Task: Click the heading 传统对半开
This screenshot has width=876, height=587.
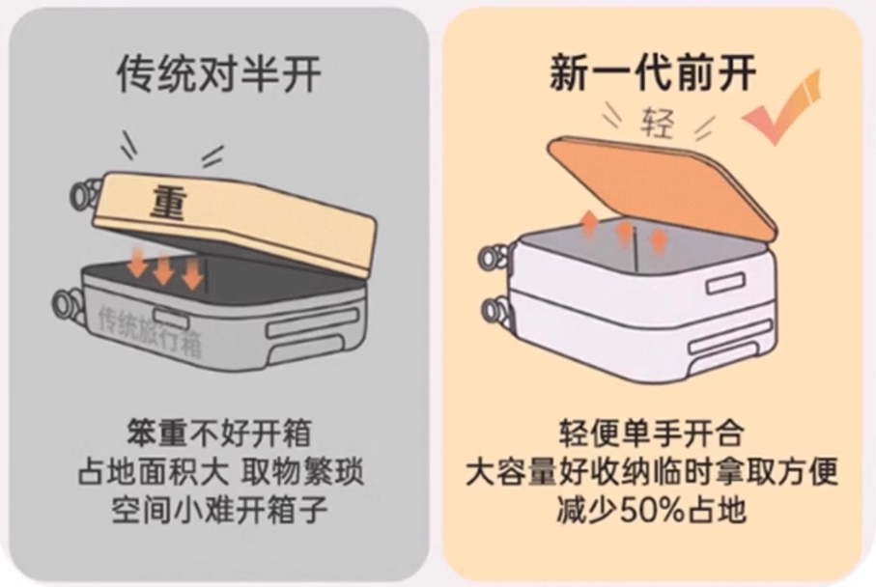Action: (219, 74)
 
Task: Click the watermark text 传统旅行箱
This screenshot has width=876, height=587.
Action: (150, 328)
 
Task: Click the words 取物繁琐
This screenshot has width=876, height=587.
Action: (308, 469)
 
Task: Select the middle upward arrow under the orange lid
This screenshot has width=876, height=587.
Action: (625, 232)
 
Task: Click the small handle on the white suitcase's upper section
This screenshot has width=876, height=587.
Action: (725, 283)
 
